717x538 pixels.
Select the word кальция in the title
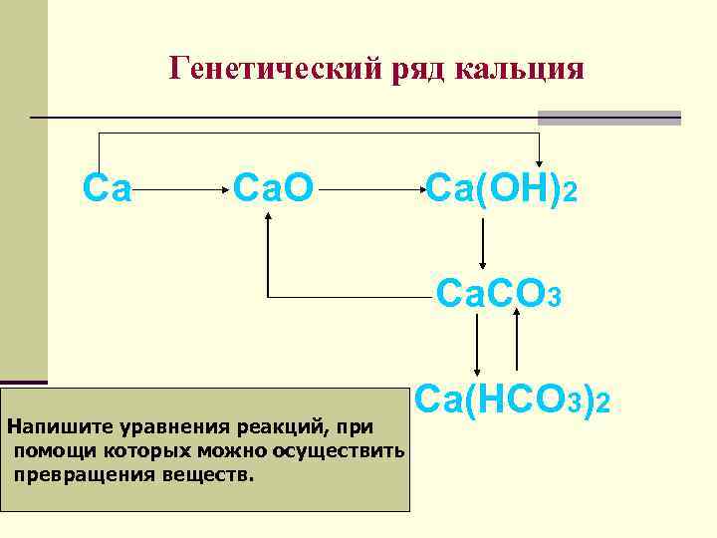click(x=520, y=69)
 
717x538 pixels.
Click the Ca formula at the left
click(x=108, y=186)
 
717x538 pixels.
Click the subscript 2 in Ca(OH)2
click(x=569, y=191)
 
